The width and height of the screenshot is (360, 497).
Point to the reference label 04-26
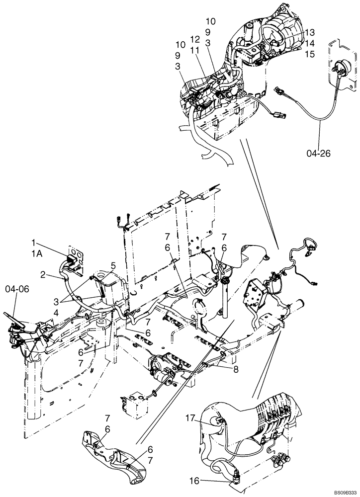click(319, 153)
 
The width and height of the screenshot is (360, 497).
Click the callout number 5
click(113, 266)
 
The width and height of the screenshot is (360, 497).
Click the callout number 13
click(310, 31)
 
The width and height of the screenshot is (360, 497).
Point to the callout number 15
click(310, 54)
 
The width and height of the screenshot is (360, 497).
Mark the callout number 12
click(195, 39)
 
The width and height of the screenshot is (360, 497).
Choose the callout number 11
click(195, 50)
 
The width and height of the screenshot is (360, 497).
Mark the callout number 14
click(310, 43)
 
